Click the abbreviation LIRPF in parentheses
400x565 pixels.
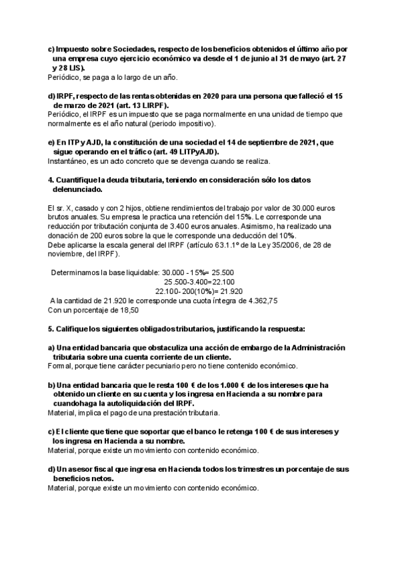[153, 105]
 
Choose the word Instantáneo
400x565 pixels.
[70, 161]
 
